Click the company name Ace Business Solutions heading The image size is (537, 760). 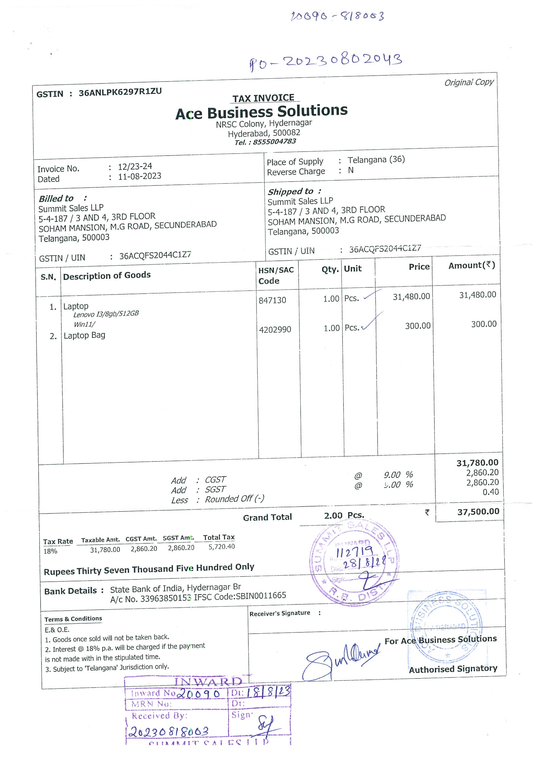coord(261,112)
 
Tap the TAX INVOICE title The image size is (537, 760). coord(263,98)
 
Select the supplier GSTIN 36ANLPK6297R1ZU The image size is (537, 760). coord(120,92)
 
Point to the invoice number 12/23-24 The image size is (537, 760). coord(135,166)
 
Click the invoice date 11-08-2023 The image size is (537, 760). coord(140,176)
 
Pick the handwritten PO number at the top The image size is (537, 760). coord(326,61)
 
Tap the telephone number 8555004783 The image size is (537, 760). coord(274,142)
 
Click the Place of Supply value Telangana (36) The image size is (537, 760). coord(376,159)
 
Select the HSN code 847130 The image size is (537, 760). coord(272,300)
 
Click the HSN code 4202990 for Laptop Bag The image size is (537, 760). coord(275,330)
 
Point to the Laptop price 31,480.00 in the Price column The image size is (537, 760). coord(411,297)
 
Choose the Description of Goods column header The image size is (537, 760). coord(107,275)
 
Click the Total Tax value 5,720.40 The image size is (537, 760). coord(222,547)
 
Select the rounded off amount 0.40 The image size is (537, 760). coord(491,492)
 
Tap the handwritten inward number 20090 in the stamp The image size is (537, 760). coord(198,694)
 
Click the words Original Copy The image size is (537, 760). coord(469,82)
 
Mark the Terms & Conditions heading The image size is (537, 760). coord(73,619)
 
